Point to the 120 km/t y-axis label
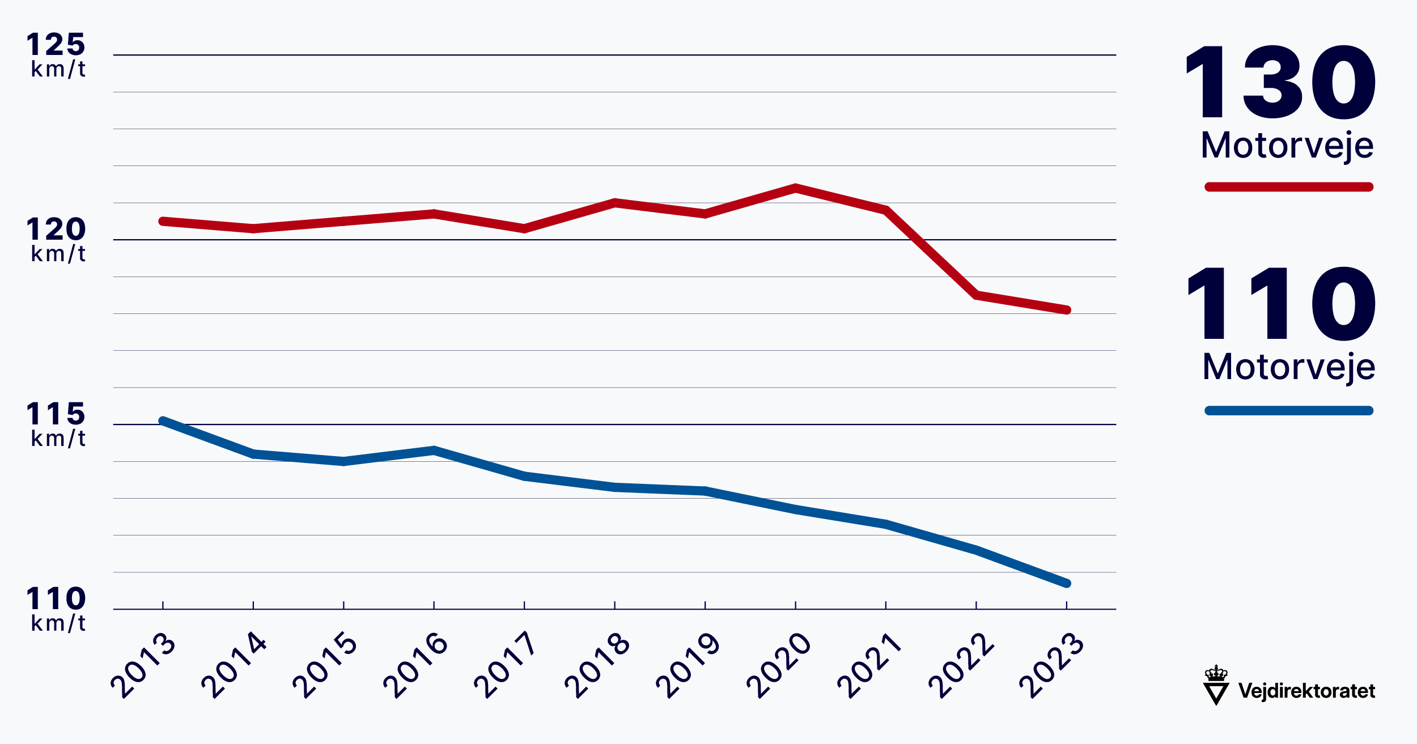(56, 239)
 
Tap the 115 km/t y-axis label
(56, 423)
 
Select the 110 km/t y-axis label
(56, 608)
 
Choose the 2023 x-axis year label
(1051, 665)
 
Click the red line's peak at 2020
(795, 188)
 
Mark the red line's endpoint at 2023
(1066, 310)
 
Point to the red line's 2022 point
(976, 295)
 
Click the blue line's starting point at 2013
(163, 421)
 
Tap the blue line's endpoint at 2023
(1066, 583)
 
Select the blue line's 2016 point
(434, 450)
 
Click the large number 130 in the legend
(1280, 83)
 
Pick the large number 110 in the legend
(1280, 304)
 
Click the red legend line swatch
(1288, 187)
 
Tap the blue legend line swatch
(1288, 411)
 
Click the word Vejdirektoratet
(1306, 691)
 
